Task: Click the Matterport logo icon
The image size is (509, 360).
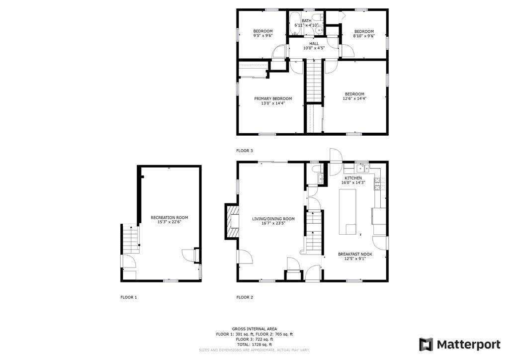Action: pyautogui.click(x=426, y=345)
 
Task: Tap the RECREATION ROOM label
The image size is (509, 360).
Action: pyautogui.click(x=170, y=217)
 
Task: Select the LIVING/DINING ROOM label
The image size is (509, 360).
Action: pyautogui.click(x=273, y=219)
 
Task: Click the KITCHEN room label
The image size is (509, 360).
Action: pyautogui.click(x=353, y=178)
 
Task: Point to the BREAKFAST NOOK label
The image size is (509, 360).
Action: pyautogui.click(x=355, y=254)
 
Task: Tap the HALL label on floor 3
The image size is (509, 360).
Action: pyautogui.click(x=314, y=44)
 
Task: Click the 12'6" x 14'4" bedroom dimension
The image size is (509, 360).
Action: pyautogui.click(x=355, y=98)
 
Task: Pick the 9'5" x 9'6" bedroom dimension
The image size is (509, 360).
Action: pyautogui.click(x=263, y=36)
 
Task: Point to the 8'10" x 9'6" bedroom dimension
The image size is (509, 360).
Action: pyautogui.click(x=364, y=36)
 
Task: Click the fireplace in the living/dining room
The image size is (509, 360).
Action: pyautogui.click(x=233, y=221)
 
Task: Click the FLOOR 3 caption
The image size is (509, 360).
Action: pyautogui.click(x=245, y=150)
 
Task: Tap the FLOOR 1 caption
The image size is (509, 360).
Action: pyautogui.click(x=128, y=297)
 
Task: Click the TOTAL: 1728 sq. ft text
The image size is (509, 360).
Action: pyautogui.click(x=254, y=344)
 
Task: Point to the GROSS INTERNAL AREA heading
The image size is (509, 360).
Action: pyautogui.click(x=254, y=329)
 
